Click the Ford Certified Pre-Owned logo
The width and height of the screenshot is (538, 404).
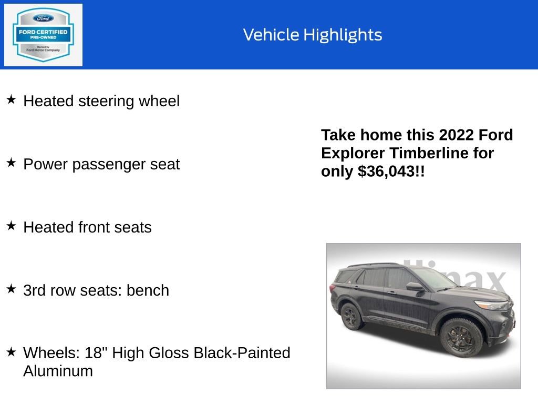tap(43, 35)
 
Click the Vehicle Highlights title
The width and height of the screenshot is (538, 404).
tap(313, 35)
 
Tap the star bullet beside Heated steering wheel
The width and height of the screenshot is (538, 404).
tap(11, 99)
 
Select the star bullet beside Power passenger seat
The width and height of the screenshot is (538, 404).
tap(11, 163)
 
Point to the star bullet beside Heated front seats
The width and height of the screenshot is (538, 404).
tap(11, 226)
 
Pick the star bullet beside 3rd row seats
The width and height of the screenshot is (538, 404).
tap(11, 289)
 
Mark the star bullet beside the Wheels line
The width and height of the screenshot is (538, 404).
tap(11, 352)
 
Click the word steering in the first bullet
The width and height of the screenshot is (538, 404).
tap(106, 101)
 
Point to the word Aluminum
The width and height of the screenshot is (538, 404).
tap(58, 371)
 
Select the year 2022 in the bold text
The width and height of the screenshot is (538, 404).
tap(457, 135)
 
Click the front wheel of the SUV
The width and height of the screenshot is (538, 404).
tap(461, 336)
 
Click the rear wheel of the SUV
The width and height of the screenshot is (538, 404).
tap(351, 317)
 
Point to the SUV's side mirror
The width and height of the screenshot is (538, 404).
tap(414, 287)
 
